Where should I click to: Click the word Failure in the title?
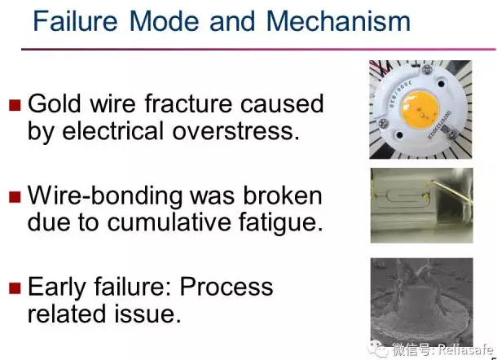(x=75, y=21)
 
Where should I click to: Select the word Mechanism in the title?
(x=338, y=21)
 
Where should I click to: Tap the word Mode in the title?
(x=164, y=21)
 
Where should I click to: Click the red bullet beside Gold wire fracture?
(x=15, y=105)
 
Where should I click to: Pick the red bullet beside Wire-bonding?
(x=15, y=197)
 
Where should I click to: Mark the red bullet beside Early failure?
(x=15, y=288)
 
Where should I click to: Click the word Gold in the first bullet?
(x=55, y=103)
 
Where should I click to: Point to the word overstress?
(x=235, y=131)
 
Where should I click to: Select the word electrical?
(x=112, y=130)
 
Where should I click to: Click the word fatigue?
(x=280, y=222)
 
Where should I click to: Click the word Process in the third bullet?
(x=227, y=287)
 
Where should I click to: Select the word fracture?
(x=188, y=103)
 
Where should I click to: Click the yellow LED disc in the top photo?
(x=420, y=109)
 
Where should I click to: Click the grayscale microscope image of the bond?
(x=421, y=302)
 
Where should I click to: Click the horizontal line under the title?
(x=258, y=49)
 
